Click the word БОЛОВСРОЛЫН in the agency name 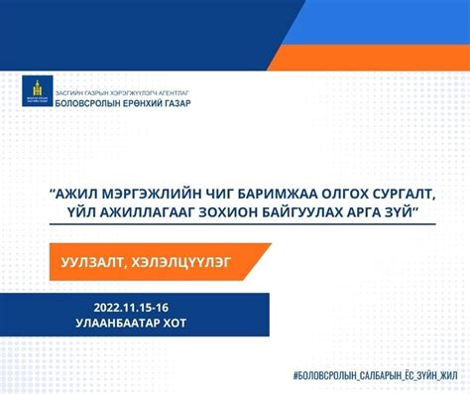point(87,102)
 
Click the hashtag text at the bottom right point(375,376)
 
